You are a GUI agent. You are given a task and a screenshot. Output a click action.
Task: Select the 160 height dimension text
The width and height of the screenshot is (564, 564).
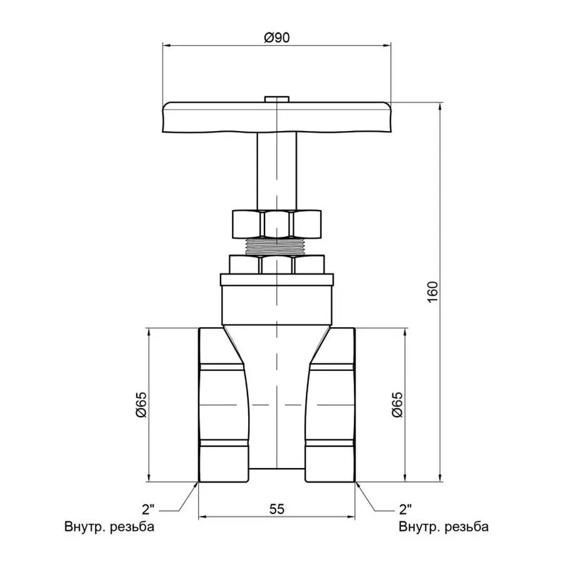[432, 292]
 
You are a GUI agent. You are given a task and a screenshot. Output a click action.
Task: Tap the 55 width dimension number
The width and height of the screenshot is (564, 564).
[276, 509]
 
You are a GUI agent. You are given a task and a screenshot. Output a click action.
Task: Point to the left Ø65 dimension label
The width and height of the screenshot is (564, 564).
[142, 405]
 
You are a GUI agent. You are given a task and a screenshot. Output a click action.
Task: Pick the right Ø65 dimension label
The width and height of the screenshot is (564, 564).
[396, 405]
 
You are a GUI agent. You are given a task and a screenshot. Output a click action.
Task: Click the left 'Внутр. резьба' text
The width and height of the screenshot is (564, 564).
[109, 526]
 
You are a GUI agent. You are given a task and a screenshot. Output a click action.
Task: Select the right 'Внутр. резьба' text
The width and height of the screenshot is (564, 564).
[444, 526]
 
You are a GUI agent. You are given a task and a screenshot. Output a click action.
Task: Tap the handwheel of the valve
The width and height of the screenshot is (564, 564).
[276, 118]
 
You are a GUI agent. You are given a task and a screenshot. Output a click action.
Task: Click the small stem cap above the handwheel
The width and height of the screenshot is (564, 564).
[276, 99]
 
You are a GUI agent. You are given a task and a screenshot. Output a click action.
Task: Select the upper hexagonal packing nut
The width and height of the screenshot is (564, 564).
[276, 224]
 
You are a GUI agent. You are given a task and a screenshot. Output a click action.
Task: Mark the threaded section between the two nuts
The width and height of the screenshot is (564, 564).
[276, 246]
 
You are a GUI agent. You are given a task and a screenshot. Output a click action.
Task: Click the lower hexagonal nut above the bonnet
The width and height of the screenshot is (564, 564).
[276, 264]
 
